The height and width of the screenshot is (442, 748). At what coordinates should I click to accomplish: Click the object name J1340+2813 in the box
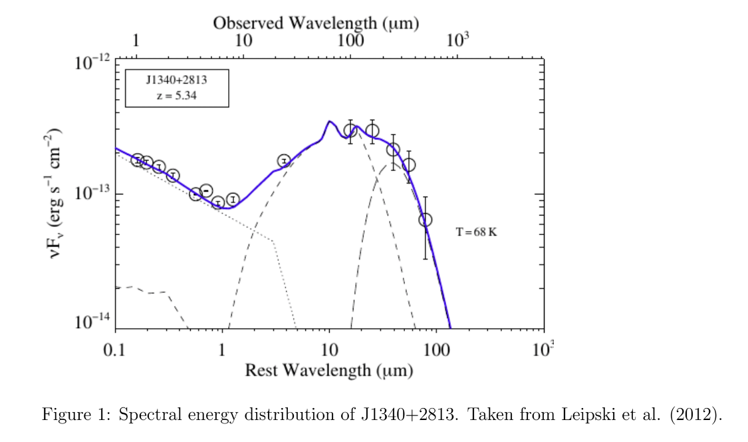tap(176, 81)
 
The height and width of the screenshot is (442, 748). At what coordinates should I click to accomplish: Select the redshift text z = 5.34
tap(176, 96)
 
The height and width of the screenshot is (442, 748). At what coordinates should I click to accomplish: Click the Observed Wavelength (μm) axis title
tap(316, 23)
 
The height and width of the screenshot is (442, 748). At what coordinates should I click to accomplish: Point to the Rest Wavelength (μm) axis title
tap(329, 370)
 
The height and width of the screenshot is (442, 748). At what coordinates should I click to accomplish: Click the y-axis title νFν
tap(59, 194)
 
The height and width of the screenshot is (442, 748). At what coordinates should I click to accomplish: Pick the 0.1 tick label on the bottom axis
tap(116, 350)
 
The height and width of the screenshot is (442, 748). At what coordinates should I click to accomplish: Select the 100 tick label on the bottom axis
tap(436, 350)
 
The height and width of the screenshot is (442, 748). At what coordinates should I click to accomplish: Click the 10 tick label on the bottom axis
tap(328, 350)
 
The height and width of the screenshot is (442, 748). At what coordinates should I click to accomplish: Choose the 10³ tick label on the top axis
tap(457, 40)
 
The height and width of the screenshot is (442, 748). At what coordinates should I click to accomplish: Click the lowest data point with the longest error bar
tap(426, 220)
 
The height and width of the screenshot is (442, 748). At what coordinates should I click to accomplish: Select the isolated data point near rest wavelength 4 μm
tap(284, 161)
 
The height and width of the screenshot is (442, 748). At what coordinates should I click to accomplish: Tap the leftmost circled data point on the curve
tap(137, 160)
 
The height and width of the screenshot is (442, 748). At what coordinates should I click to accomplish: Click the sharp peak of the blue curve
tap(328, 122)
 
